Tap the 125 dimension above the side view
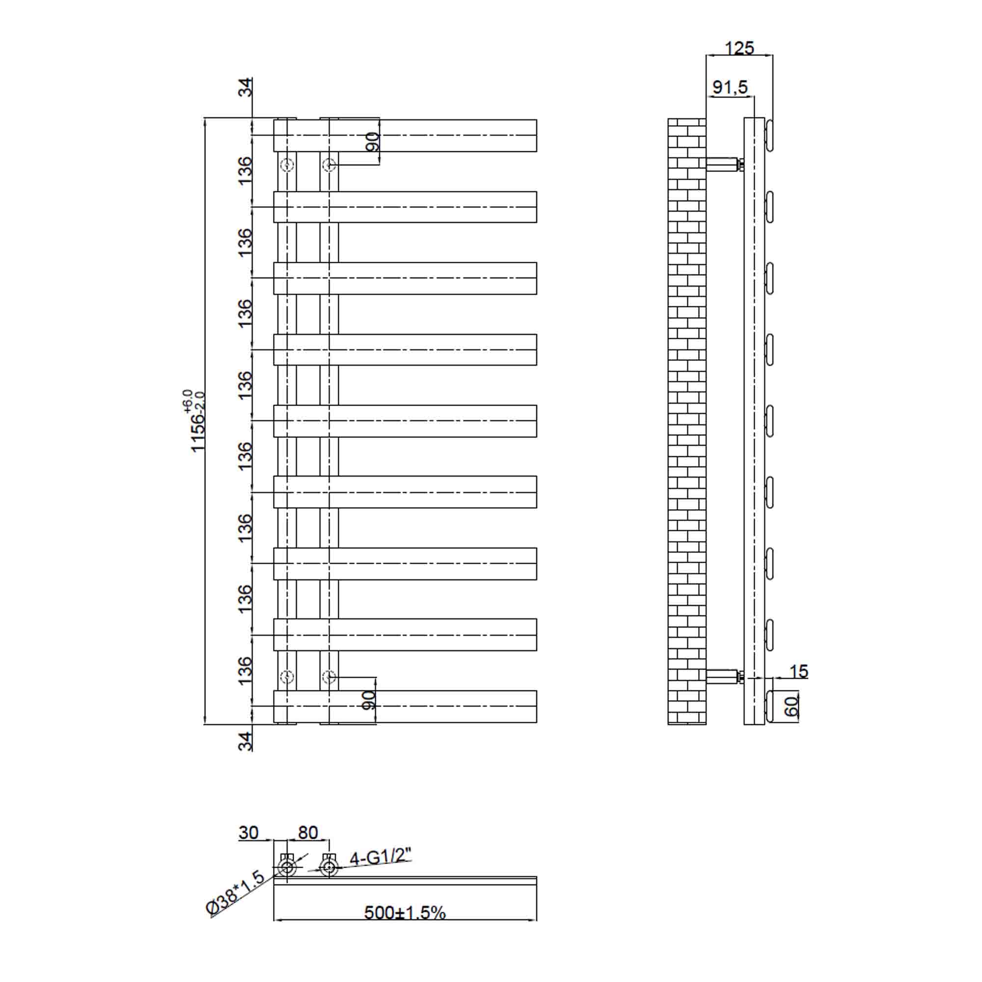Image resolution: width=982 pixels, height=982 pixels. [739, 48]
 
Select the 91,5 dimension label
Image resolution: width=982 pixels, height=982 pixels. [730, 87]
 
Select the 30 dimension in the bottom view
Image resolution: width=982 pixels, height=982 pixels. [248, 833]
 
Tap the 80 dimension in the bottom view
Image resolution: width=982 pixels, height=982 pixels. [307, 833]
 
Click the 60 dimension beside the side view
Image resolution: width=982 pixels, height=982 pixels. [791, 706]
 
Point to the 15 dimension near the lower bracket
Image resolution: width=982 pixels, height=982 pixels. [798, 671]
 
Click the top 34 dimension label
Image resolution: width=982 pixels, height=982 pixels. [245, 87]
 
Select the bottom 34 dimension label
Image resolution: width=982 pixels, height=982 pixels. [245, 741]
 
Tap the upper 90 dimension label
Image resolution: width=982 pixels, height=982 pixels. [372, 142]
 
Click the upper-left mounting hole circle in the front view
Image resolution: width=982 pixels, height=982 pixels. [287, 164]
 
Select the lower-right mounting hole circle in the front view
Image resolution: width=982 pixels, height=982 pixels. [329, 677]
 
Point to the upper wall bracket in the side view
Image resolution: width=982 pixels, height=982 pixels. [723, 164]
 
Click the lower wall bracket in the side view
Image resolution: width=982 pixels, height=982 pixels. [723, 677]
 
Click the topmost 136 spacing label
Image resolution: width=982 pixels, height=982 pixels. [245, 171]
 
